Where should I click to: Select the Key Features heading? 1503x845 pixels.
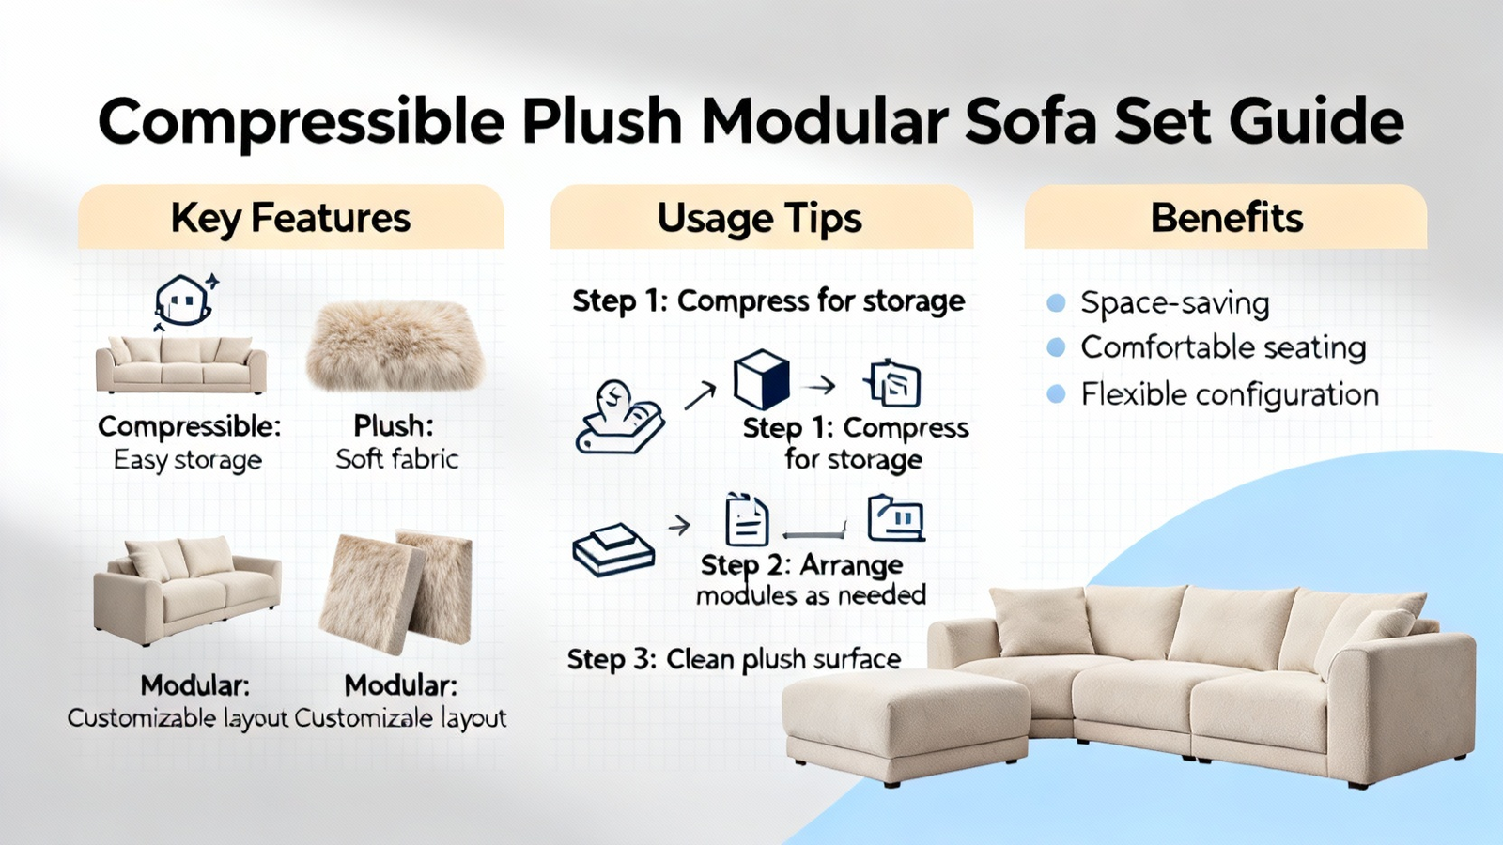pyautogui.click(x=290, y=219)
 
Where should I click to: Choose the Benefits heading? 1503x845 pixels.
pyautogui.click(x=1227, y=218)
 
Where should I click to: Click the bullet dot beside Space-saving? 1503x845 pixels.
pyautogui.click(x=1056, y=303)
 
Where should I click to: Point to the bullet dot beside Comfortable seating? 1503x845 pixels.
pyautogui.click(x=1056, y=347)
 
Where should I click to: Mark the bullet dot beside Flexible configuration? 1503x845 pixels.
pyautogui.click(x=1056, y=393)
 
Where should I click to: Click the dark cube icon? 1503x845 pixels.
pyautogui.click(x=762, y=379)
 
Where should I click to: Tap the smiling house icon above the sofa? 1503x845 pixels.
pyautogui.click(x=185, y=301)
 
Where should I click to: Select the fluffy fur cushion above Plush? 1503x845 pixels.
pyautogui.click(x=395, y=346)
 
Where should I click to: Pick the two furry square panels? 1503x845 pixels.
pyautogui.click(x=396, y=592)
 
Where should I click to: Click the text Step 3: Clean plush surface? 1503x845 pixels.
pyautogui.click(x=734, y=660)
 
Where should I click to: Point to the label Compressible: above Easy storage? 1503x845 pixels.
pyautogui.click(x=189, y=426)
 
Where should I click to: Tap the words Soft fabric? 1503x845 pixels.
pyautogui.click(x=397, y=459)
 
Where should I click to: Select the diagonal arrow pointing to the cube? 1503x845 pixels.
pyautogui.click(x=700, y=395)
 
